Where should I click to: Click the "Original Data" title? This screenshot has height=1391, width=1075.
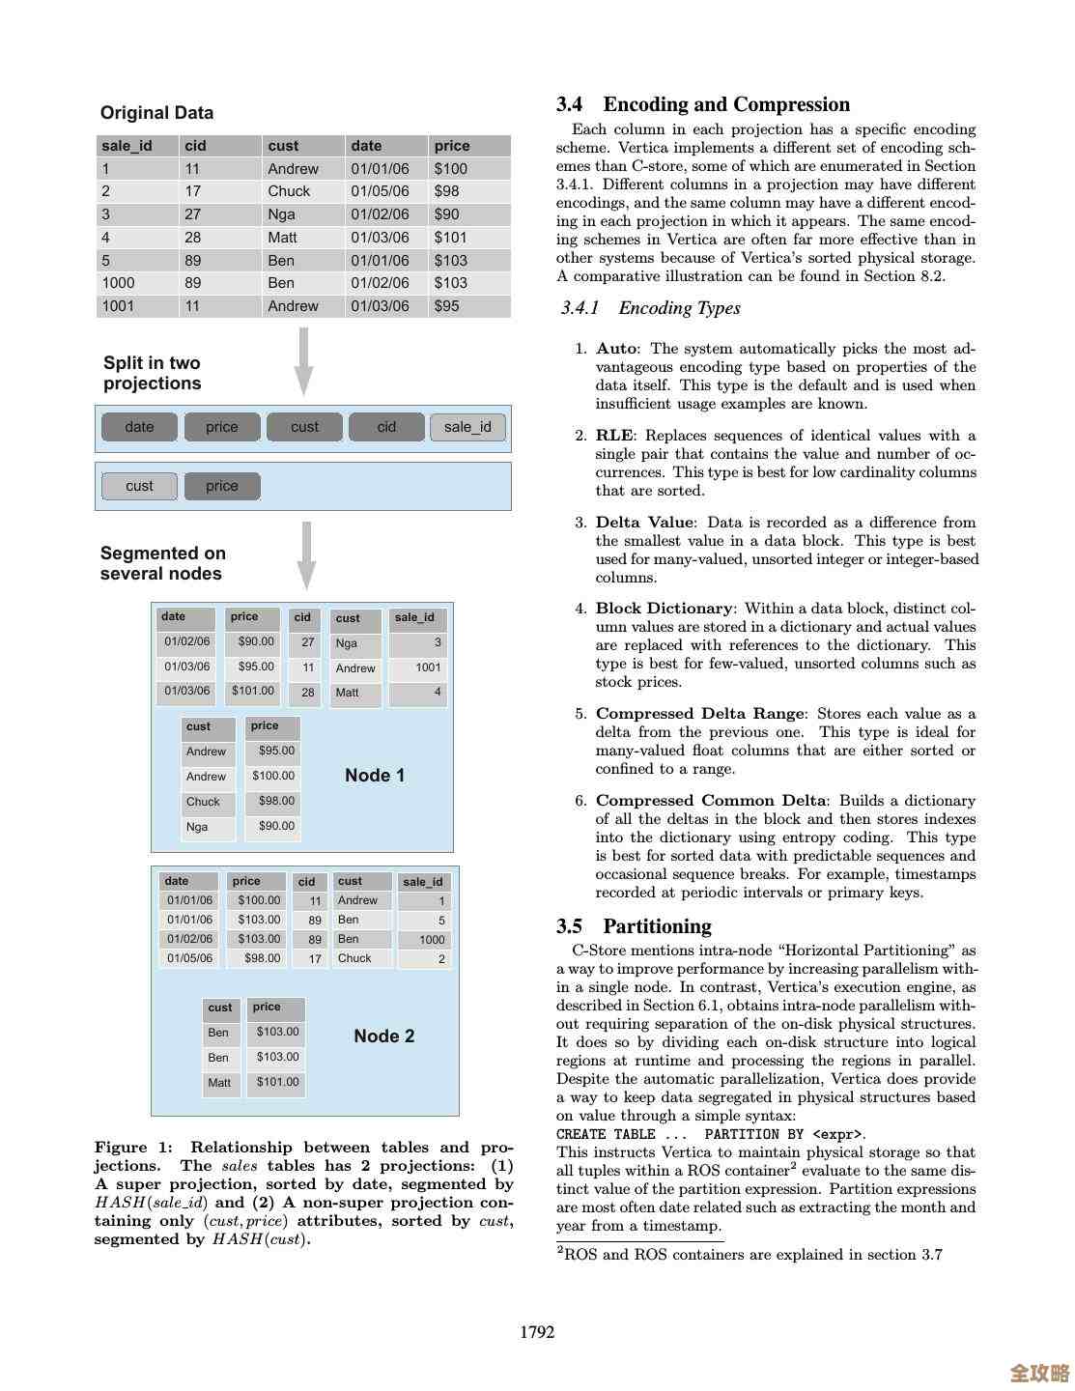pyautogui.click(x=156, y=113)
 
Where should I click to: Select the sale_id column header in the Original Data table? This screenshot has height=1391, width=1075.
pyautogui.click(x=127, y=146)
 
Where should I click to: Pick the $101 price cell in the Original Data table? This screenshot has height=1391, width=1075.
pyautogui.click(x=450, y=238)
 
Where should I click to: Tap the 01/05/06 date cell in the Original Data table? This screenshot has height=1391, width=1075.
pyautogui.click(x=380, y=191)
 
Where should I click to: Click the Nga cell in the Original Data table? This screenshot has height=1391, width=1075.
pyautogui.click(x=281, y=214)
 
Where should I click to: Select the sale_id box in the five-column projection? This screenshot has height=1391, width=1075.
pyautogui.click(x=467, y=427)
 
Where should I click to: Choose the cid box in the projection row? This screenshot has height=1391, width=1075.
pyautogui.click(x=386, y=427)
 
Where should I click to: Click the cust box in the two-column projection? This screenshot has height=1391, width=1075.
pyautogui.click(x=139, y=486)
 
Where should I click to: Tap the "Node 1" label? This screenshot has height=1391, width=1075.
pyautogui.click(x=375, y=776)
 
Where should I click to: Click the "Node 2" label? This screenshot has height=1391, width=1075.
pyautogui.click(x=383, y=1036)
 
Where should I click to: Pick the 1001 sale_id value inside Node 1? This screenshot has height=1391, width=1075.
pyautogui.click(x=428, y=667)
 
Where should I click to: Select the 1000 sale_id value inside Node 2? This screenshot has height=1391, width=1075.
pyautogui.click(x=432, y=940)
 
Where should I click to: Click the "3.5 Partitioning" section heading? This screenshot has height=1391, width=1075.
pyautogui.click(x=634, y=926)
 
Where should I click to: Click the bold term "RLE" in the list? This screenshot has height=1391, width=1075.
pyautogui.click(x=615, y=436)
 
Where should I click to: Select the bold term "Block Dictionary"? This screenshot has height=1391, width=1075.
pyautogui.click(x=664, y=609)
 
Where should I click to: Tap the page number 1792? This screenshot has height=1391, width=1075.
pyautogui.click(x=537, y=1332)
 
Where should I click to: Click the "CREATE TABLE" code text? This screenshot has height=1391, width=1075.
pyautogui.click(x=606, y=1134)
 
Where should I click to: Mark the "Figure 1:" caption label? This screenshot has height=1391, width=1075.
pyautogui.click(x=133, y=1148)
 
